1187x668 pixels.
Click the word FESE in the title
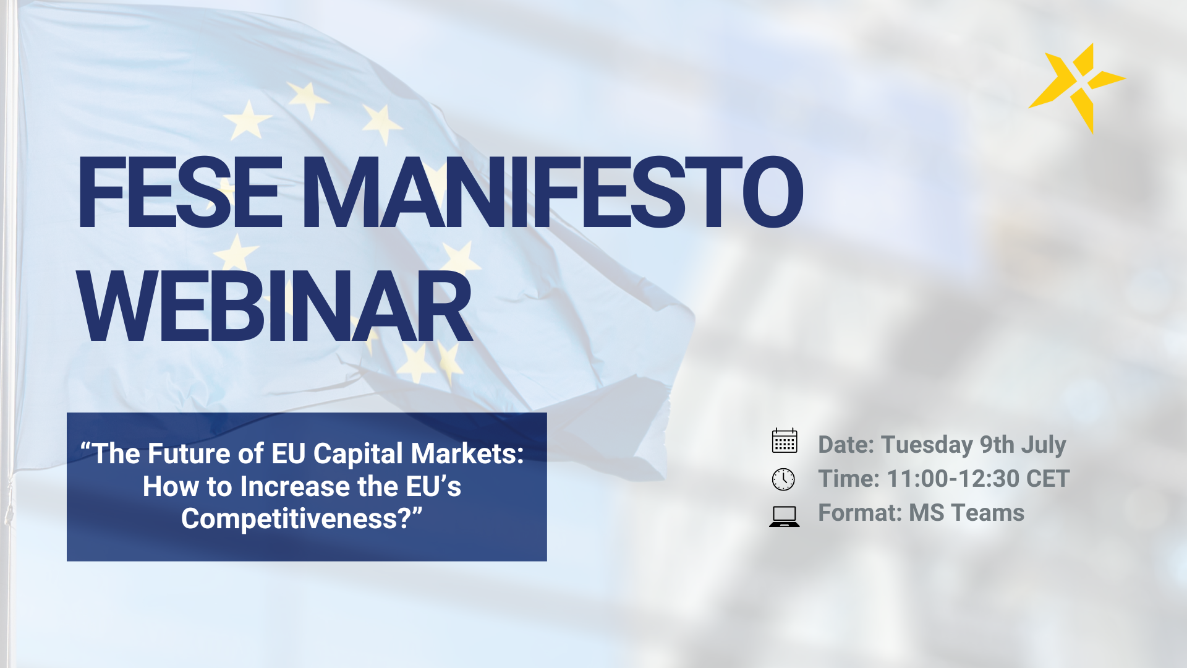pos(179,192)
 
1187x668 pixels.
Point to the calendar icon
pos(785,441)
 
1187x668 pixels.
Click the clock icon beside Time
pos(783,479)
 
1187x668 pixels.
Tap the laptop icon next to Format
pos(785,516)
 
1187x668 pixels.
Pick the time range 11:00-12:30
pos(953,479)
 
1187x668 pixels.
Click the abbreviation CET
pos(1047,479)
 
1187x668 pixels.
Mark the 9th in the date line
pos(997,445)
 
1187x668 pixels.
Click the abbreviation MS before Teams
pos(927,513)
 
